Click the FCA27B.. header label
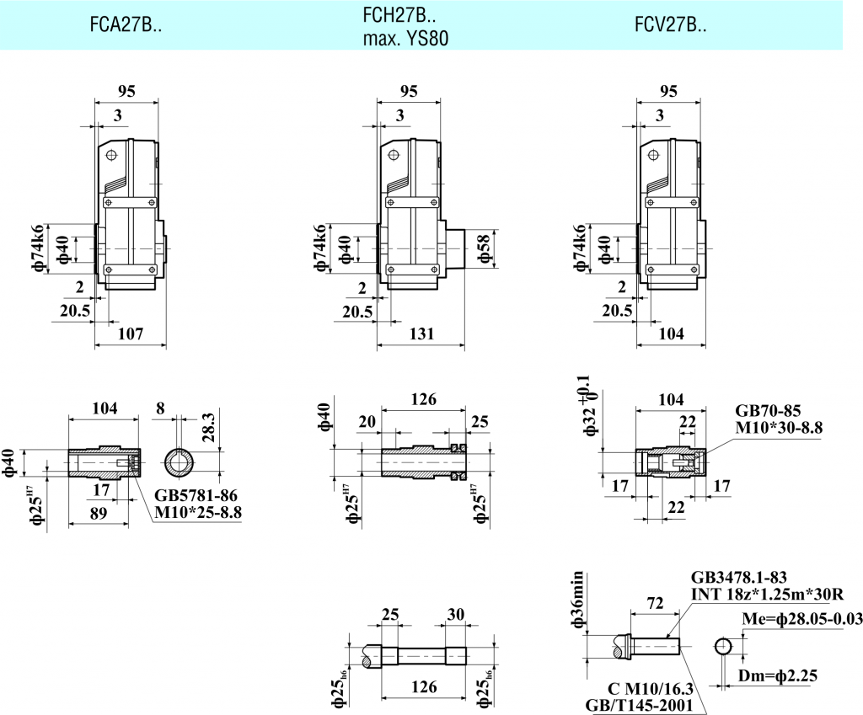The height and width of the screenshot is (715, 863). coord(126,26)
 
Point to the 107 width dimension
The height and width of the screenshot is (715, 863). coord(130,334)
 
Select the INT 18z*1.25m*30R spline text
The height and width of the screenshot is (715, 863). coord(767,595)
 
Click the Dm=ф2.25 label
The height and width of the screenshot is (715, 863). coord(780,675)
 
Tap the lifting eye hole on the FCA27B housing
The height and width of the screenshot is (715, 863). coord(110,155)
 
